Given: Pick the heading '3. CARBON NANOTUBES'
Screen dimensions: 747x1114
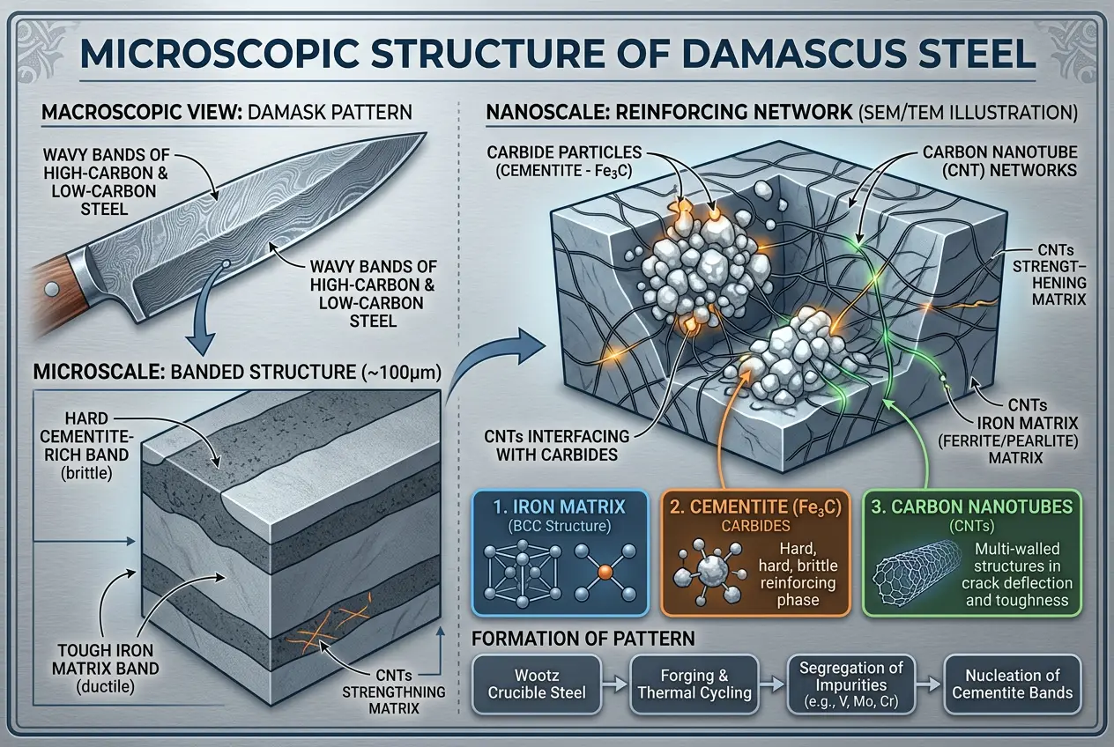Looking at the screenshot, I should (x=963, y=507).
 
